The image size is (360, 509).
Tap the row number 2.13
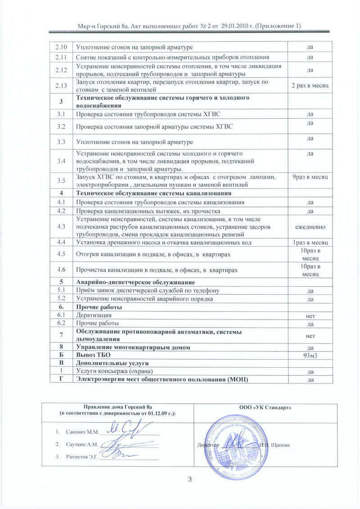click(x=60, y=86)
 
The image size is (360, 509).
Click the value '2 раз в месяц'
click(x=310, y=86)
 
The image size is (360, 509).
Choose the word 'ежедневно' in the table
click(x=310, y=227)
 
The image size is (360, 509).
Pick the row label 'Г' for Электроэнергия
click(x=60, y=380)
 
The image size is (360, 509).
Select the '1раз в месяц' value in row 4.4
click(x=310, y=243)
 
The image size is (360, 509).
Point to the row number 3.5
click(x=60, y=180)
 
